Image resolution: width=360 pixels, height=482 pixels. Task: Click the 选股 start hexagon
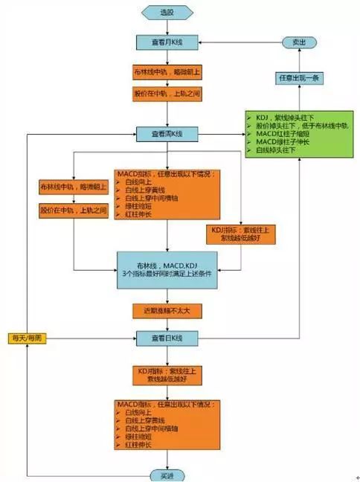click(167, 13)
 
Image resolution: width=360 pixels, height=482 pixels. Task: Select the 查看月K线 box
click(167, 43)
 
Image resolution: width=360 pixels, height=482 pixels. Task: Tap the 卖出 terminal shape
click(300, 43)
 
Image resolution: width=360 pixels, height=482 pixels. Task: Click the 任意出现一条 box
click(300, 77)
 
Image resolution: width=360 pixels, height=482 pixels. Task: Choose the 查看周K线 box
click(167, 134)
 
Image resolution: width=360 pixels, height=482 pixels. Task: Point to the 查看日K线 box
click(167, 338)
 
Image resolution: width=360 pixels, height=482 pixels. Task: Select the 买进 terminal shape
click(167, 474)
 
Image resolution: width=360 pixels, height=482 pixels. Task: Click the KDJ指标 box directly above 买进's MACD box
click(167, 374)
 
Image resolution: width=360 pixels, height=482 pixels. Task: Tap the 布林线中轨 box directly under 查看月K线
click(167, 73)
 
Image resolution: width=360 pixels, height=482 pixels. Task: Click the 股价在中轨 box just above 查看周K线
click(167, 94)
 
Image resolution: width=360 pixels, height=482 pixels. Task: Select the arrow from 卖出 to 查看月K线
click(238, 43)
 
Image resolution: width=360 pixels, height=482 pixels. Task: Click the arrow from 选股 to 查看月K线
click(167, 28)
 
